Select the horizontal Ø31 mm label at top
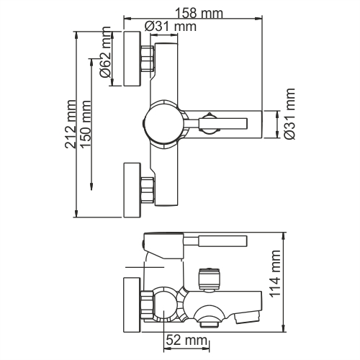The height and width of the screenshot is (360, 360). pos(171,27)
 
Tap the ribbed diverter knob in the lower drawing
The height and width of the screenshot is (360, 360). pos(207,276)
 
